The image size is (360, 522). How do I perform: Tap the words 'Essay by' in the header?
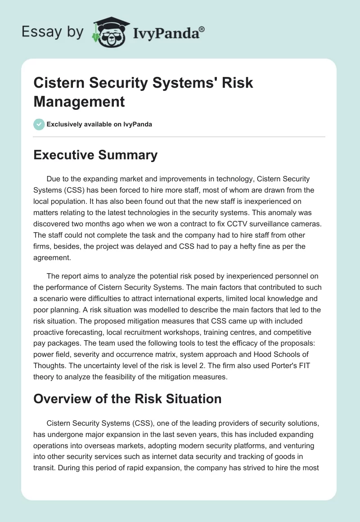(x=52, y=31)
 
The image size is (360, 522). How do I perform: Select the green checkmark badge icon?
(x=39, y=124)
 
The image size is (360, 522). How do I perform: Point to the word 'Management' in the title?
(x=79, y=101)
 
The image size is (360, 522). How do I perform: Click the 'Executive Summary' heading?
(x=95, y=155)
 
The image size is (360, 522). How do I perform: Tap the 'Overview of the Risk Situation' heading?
(x=127, y=399)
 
